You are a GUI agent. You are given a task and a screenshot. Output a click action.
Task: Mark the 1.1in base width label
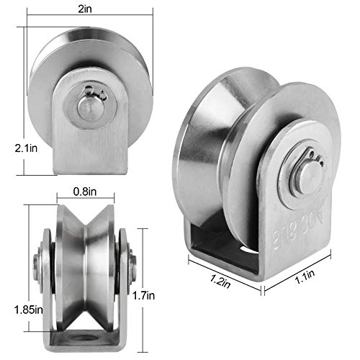(x=296, y=274)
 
